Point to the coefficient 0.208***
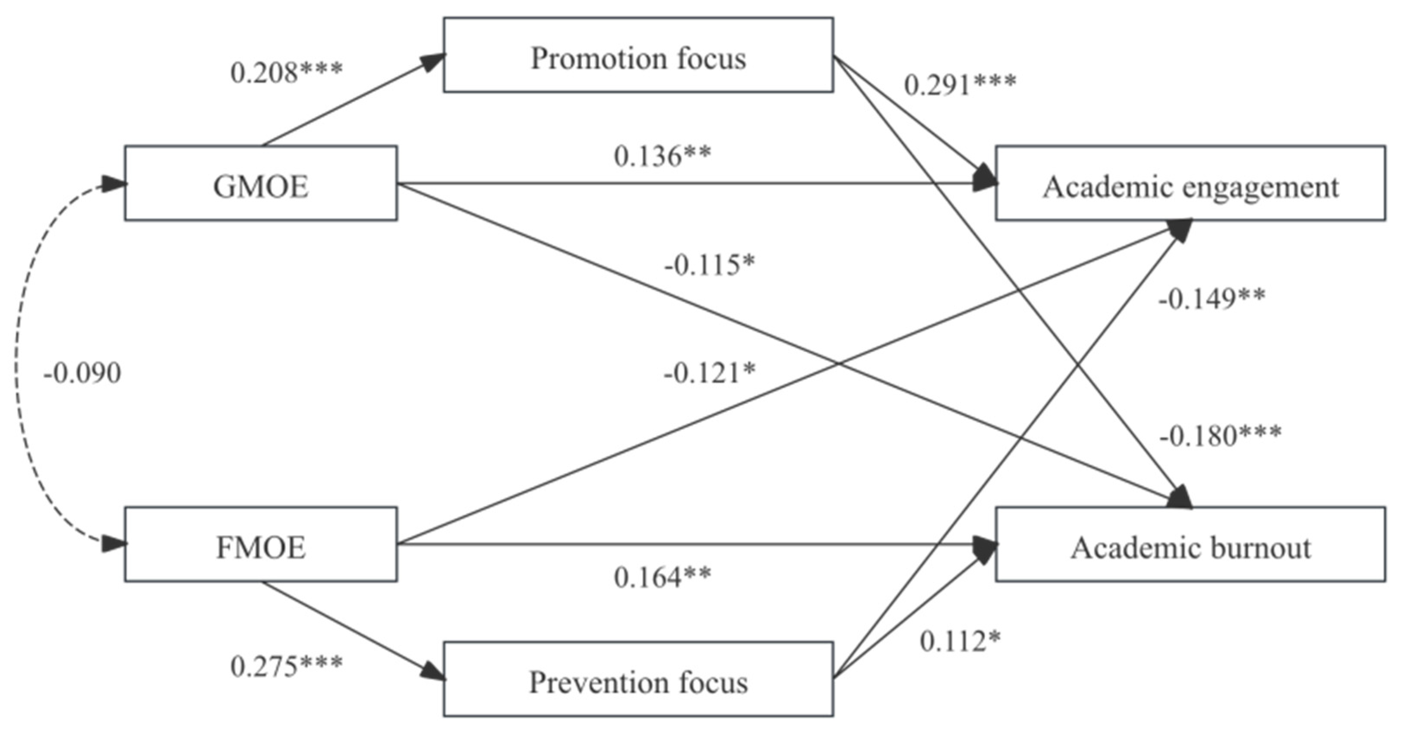(286, 73)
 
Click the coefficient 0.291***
(960, 85)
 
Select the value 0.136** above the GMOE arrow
(662, 157)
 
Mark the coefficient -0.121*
(709, 373)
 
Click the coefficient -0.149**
(1211, 299)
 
